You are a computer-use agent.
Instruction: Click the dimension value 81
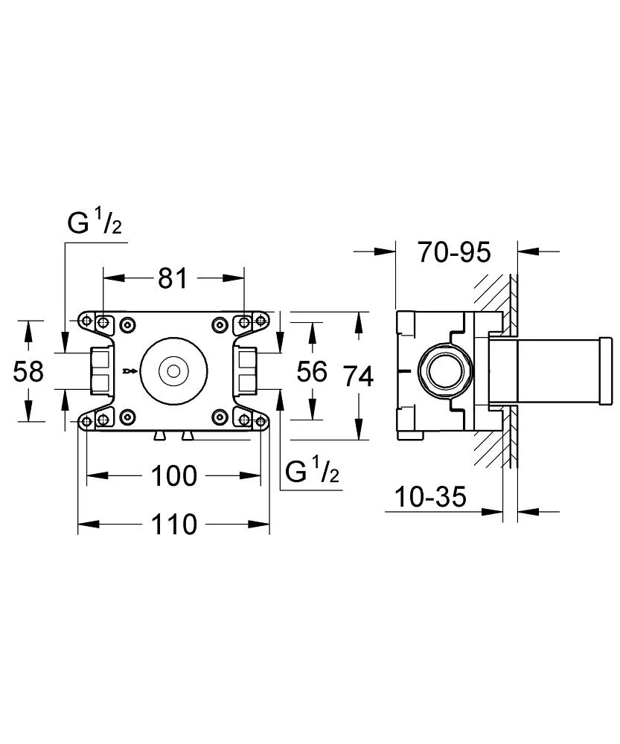[172, 278]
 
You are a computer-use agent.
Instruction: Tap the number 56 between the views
[312, 371]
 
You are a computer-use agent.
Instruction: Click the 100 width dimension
[173, 475]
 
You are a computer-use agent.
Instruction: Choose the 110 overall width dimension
[173, 525]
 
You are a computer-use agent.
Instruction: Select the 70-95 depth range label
[454, 253]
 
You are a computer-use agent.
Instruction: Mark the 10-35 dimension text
[431, 496]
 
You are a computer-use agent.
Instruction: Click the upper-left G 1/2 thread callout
[94, 224]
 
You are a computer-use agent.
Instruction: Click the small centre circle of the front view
[173, 370]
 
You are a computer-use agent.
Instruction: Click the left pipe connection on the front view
[100, 371]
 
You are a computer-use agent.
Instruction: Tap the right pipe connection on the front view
[247, 371]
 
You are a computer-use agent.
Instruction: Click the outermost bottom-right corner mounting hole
[261, 421]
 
